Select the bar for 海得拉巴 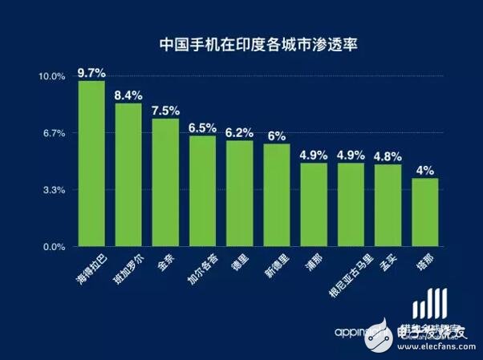92,164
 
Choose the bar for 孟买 388,205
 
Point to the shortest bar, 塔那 425,212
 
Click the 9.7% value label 92,73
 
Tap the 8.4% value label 128,95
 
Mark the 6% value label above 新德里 277,136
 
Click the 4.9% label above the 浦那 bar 314,154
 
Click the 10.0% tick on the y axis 51,76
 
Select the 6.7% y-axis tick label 53,133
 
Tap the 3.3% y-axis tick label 53,190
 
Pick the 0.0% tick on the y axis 53,248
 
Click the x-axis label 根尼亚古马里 347,277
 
